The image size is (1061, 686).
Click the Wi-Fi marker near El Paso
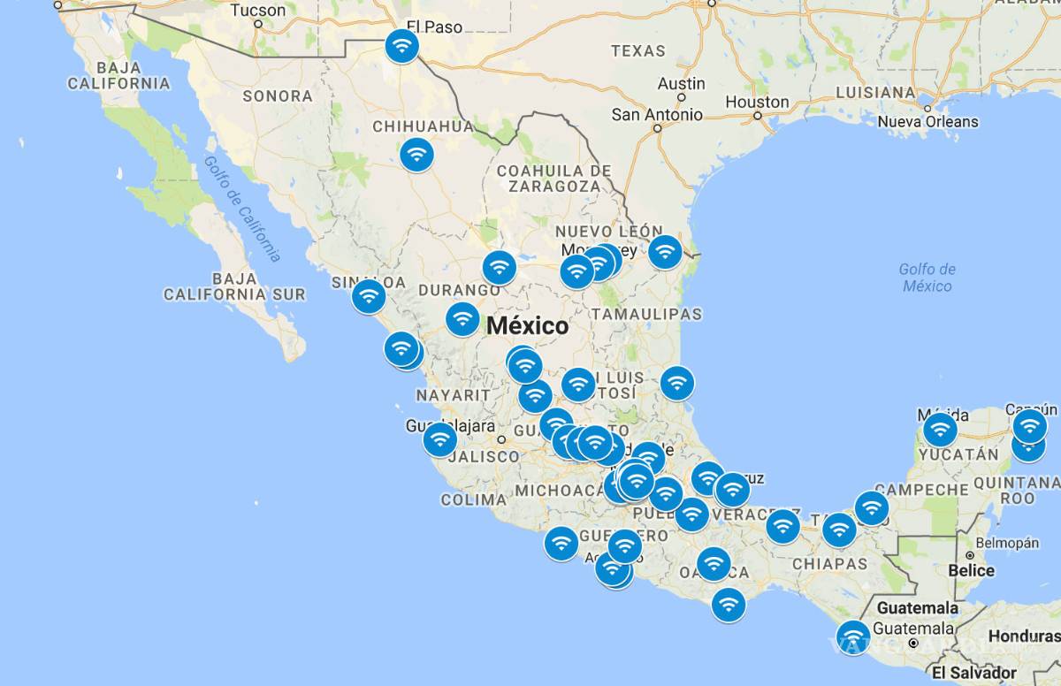tap(402, 46)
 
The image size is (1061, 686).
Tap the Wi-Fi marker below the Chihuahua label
tap(416, 155)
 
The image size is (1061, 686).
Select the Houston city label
tap(756, 102)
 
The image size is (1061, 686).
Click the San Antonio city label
tap(657, 115)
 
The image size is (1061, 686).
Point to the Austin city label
tap(681, 83)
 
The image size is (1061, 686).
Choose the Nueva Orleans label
tap(927, 121)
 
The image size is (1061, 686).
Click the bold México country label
tap(528, 326)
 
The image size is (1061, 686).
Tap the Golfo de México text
tap(927, 278)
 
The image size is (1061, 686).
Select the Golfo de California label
tap(242, 209)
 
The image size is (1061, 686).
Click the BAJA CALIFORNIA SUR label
tap(234, 286)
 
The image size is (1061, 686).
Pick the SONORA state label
tap(277, 95)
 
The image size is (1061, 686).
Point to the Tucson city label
tap(257, 11)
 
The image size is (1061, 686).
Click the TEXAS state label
tap(637, 51)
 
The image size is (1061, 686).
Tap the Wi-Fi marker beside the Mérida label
tap(940, 431)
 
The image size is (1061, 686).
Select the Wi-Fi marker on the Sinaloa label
tap(369, 296)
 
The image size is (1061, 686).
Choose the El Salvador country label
tap(973, 673)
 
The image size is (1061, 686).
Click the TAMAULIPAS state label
tap(646, 314)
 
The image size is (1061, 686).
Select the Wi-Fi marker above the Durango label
tap(499, 268)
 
